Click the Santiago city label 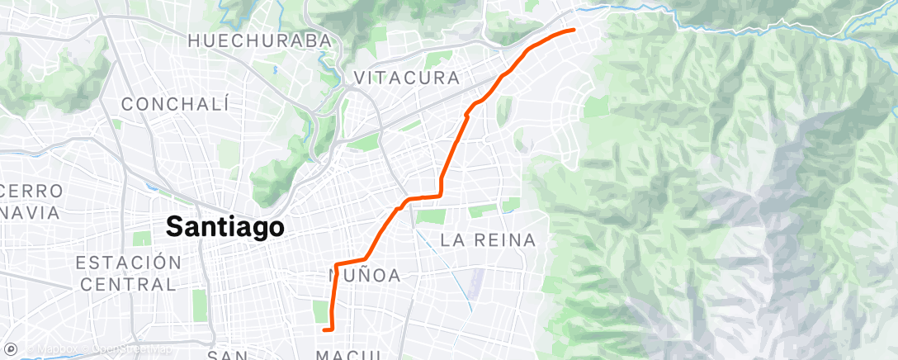225,226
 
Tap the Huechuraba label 260,40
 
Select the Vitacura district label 406,78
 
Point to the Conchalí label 175,104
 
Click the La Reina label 489,240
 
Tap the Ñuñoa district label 365,276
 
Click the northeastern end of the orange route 573,30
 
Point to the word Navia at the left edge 31,212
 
